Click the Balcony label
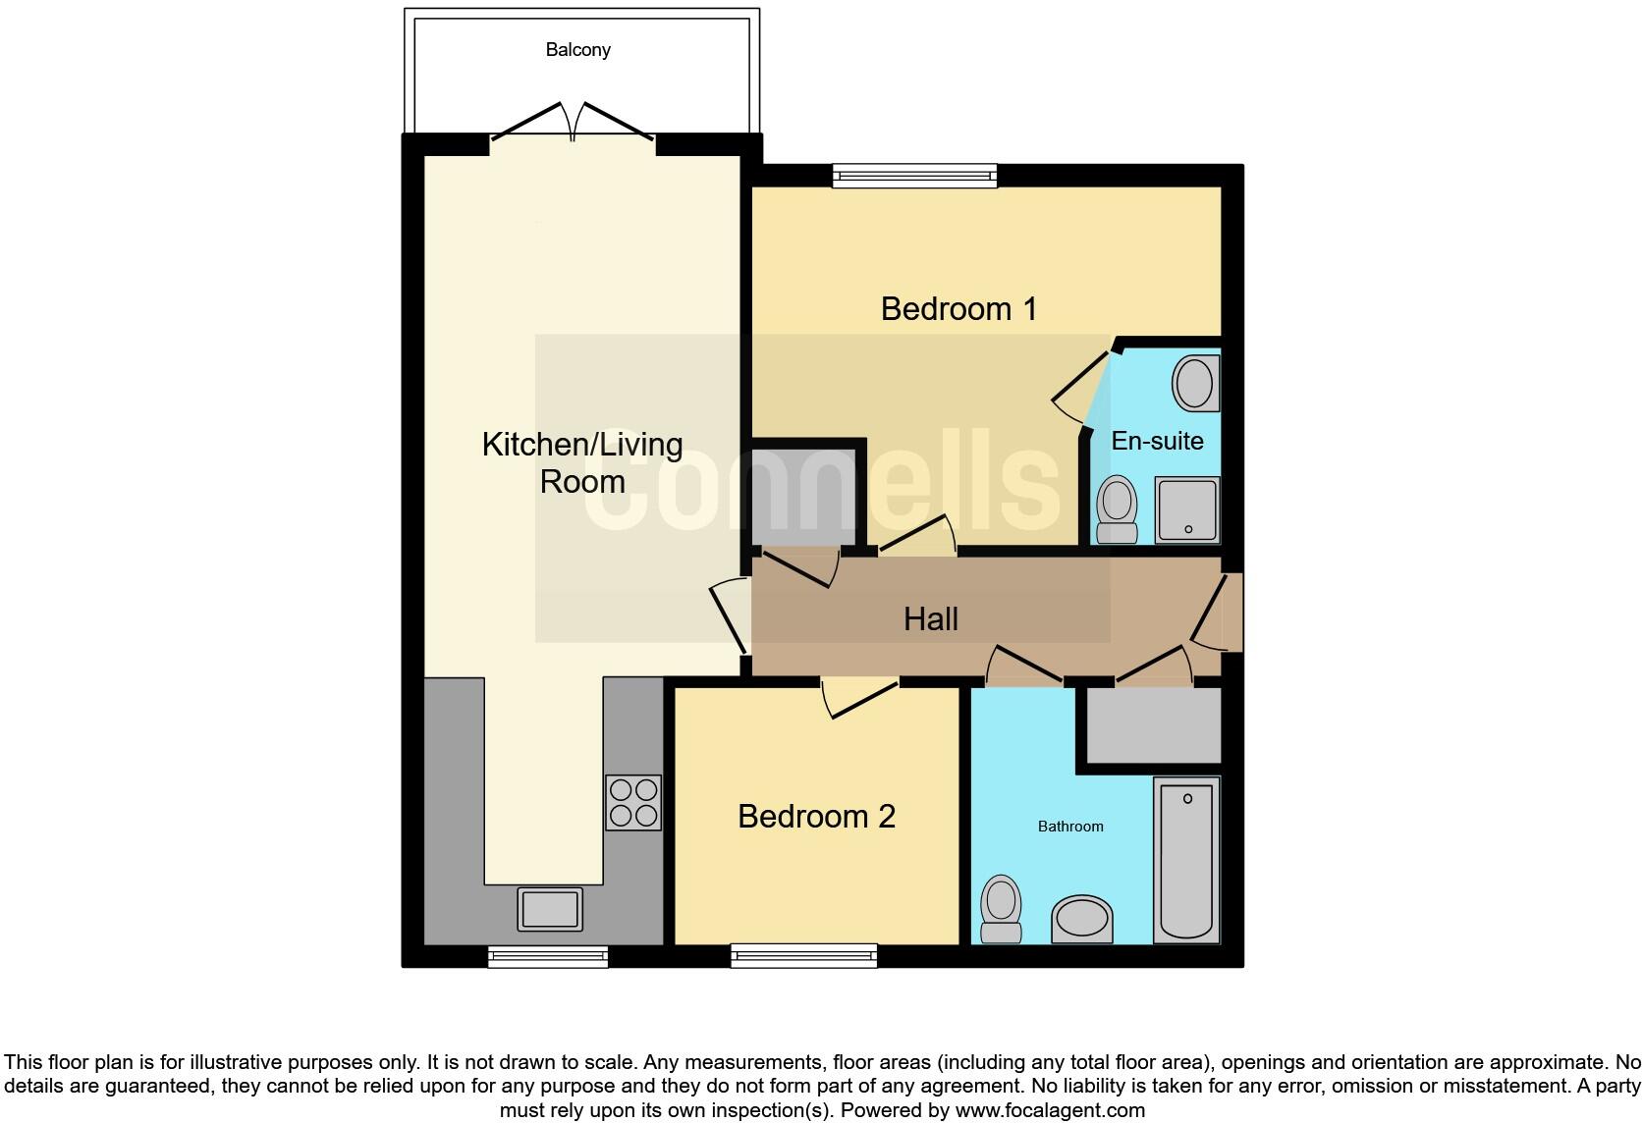coord(577,49)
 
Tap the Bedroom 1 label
coord(958,309)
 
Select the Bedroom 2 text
coord(816,817)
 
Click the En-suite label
coord(1157,441)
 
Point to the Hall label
coord(930,619)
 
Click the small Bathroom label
coord(1070,827)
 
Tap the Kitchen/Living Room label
coord(582,462)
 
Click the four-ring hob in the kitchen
coord(633,803)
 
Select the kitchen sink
coord(550,909)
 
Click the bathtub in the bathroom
coord(1186,859)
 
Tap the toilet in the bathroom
coord(1002,908)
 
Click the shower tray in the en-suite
coord(1187,509)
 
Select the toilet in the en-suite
coord(1117,509)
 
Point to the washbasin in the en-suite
coord(1195,383)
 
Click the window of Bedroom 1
coord(914,176)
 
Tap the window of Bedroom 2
coord(803,955)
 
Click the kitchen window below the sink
coord(548,956)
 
